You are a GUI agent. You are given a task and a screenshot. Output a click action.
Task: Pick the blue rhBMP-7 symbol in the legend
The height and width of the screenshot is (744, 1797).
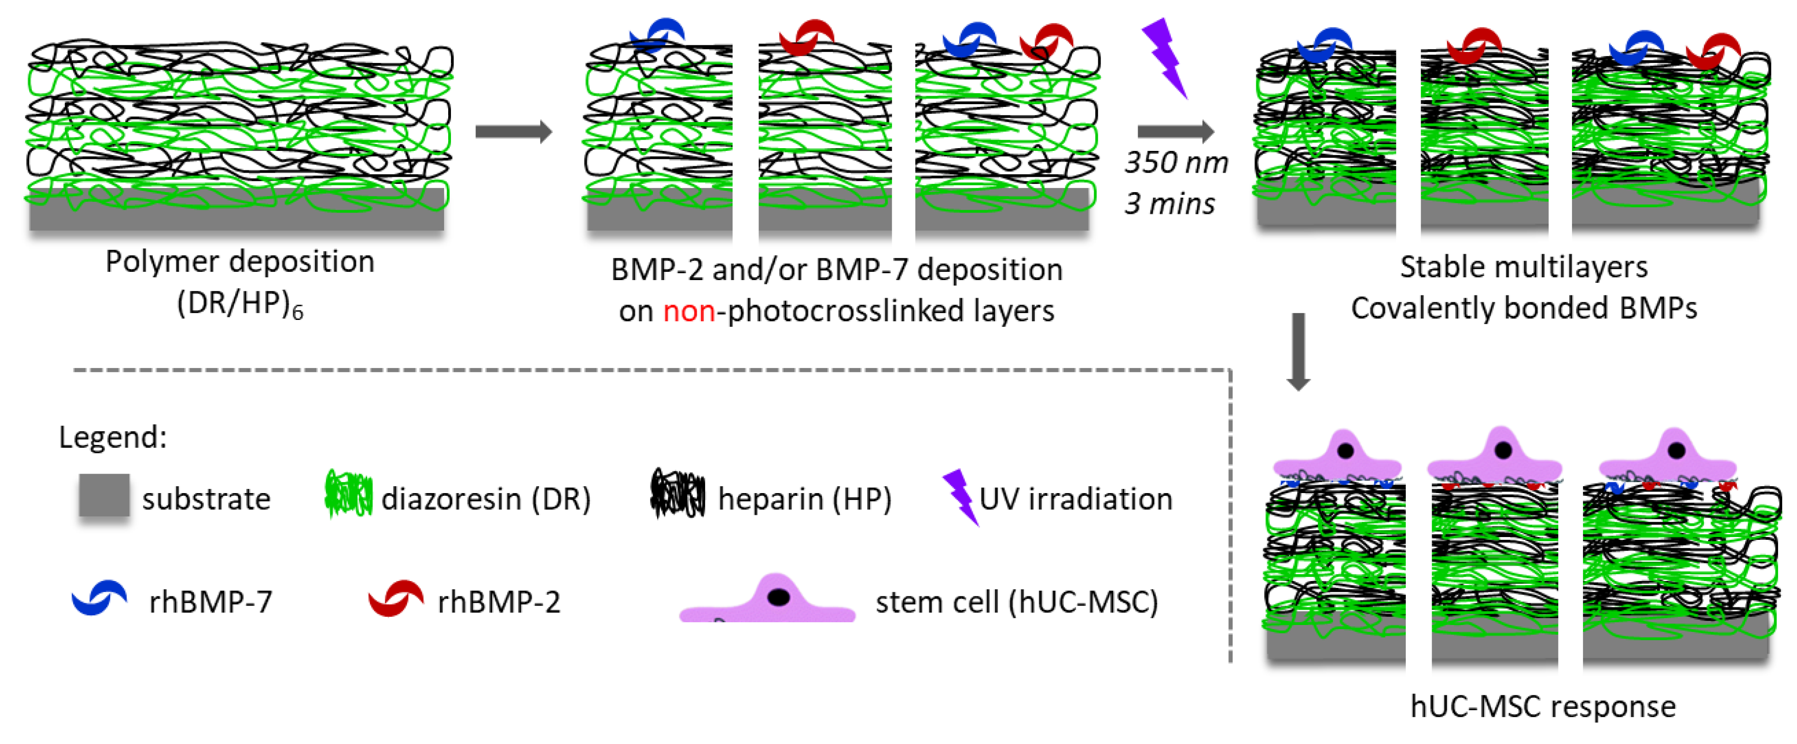99,598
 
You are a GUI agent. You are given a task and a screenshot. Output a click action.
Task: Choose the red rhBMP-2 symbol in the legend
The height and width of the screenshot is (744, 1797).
395,598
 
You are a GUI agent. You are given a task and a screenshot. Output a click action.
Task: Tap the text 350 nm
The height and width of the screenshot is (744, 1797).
1176,163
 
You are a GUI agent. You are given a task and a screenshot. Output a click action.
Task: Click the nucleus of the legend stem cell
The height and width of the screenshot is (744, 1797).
778,597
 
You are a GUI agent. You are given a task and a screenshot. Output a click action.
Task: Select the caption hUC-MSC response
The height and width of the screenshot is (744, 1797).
1542,706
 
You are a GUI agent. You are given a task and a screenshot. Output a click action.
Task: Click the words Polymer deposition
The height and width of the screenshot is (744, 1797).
239,262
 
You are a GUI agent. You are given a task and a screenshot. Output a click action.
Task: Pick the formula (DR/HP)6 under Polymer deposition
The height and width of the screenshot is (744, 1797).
239,304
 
